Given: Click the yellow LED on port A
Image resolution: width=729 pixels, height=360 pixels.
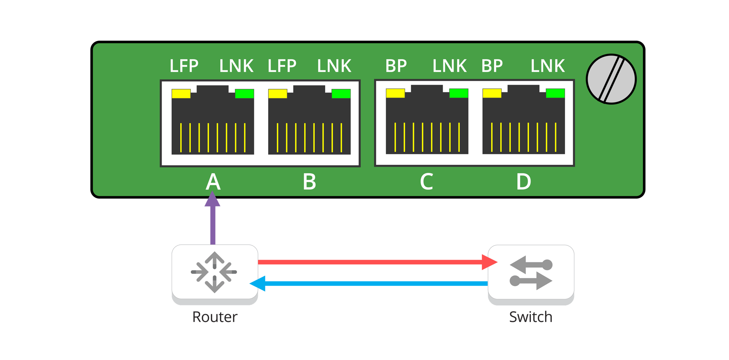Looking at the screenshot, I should (x=181, y=94).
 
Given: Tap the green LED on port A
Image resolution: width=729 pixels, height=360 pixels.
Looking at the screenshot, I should (x=244, y=94).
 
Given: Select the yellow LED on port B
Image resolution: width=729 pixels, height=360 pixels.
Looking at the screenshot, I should (x=277, y=94).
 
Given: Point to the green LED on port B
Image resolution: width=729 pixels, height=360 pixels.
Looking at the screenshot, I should (x=341, y=94).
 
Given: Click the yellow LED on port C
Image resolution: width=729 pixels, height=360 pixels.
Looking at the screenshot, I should (x=395, y=93).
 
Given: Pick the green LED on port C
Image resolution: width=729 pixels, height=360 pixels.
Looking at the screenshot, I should (x=458, y=93).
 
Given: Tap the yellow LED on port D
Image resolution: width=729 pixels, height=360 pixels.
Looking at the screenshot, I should (x=492, y=93).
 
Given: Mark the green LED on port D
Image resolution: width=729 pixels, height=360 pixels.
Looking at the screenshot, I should (x=555, y=93).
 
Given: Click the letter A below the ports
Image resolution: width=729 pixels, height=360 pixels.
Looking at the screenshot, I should (x=213, y=182).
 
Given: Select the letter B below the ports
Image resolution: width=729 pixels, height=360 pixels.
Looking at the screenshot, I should (x=309, y=182).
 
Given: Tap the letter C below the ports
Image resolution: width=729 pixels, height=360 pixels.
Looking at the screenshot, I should (x=426, y=182).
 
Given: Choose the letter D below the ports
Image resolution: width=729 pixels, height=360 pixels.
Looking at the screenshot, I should (x=523, y=182).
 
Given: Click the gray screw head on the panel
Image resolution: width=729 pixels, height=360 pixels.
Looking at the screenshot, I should (x=611, y=79).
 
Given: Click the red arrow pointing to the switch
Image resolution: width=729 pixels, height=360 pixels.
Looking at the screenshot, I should (x=373, y=262).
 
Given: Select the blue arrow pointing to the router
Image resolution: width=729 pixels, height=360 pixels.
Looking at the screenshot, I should (x=373, y=283).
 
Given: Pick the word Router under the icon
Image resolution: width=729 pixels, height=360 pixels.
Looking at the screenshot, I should (x=215, y=317).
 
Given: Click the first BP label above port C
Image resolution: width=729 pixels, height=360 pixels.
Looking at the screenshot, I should (x=396, y=66).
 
